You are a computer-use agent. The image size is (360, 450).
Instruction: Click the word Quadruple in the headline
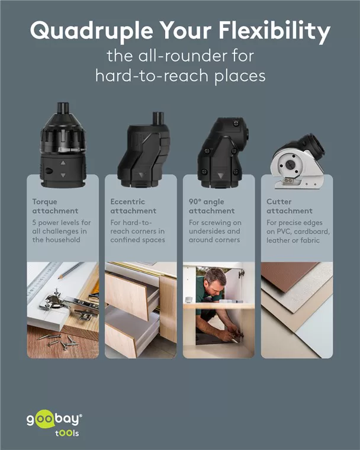tap(91, 31)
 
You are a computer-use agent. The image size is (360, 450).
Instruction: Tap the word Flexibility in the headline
tap(275, 31)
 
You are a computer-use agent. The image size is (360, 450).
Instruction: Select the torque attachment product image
tap(63, 145)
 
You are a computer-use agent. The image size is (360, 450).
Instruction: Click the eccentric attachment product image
tap(143, 150)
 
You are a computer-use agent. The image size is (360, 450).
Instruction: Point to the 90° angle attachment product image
tap(223, 153)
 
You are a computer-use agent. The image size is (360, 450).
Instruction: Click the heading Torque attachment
tap(55, 206)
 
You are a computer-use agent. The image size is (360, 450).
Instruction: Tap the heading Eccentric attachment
tap(133, 206)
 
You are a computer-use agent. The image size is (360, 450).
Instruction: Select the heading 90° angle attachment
tap(211, 206)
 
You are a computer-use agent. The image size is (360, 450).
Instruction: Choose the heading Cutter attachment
tap(290, 206)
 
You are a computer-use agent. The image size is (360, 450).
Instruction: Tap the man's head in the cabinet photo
tap(216, 278)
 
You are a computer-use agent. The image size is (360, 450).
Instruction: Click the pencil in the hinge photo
tap(71, 271)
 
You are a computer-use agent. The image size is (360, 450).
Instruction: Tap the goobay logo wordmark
tap(54, 419)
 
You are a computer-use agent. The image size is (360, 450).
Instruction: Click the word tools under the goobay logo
tap(67, 433)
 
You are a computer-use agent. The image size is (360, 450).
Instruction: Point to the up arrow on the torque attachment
tap(63, 163)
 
